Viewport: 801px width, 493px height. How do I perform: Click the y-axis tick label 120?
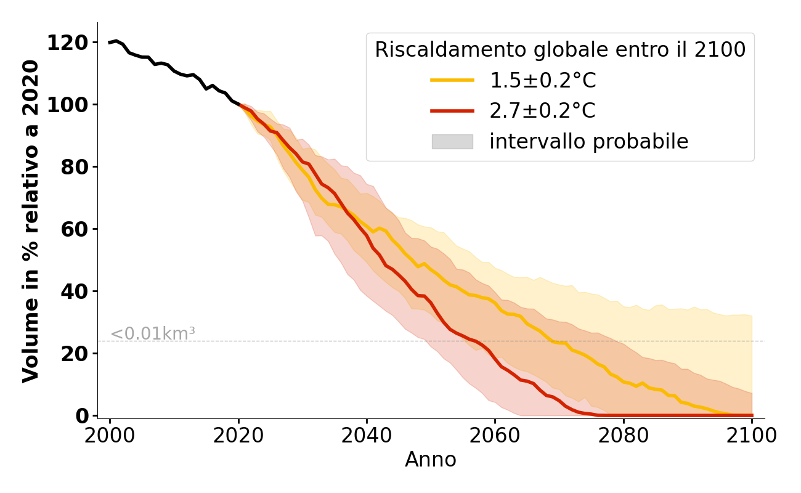click(x=67, y=43)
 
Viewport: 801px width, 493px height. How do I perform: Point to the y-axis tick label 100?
click(x=67, y=105)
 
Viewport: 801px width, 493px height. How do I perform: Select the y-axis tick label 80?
click(x=74, y=167)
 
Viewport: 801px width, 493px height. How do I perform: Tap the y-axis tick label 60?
click(x=74, y=229)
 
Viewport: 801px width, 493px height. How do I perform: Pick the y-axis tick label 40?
click(x=74, y=291)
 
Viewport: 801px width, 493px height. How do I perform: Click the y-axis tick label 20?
click(x=74, y=354)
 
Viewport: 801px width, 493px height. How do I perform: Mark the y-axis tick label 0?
click(x=81, y=416)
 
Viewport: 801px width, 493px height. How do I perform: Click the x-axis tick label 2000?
click(x=110, y=436)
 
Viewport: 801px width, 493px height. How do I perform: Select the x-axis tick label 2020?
click(x=238, y=436)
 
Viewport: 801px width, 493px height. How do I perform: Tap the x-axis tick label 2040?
click(x=367, y=436)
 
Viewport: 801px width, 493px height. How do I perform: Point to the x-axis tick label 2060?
click(x=495, y=436)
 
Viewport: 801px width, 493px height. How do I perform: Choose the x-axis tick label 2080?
click(x=624, y=436)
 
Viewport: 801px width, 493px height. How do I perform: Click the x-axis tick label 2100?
click(x=752, y=436)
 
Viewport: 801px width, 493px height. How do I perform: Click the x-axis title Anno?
click(x=431, y=460)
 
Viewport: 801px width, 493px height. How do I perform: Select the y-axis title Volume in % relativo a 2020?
click(x=31, y=221)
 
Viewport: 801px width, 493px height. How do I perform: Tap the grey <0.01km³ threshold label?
click(x=152, y=334)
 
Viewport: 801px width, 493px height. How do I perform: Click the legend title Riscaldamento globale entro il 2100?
click(x=560, y=50)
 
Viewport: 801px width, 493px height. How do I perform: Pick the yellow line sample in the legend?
click(x=452, y=80)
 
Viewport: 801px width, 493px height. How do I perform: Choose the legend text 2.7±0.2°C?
click(x=542, y=111)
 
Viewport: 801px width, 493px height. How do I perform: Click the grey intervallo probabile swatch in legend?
click(x=452, y=142)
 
